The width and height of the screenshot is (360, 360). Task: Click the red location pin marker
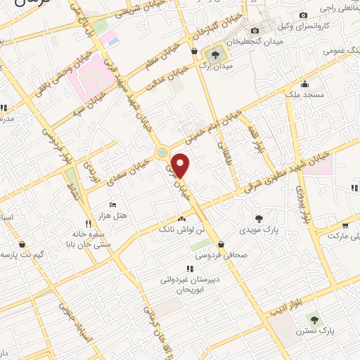181,165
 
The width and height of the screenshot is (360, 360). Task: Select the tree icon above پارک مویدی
259,218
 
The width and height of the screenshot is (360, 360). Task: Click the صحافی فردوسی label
225,256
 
